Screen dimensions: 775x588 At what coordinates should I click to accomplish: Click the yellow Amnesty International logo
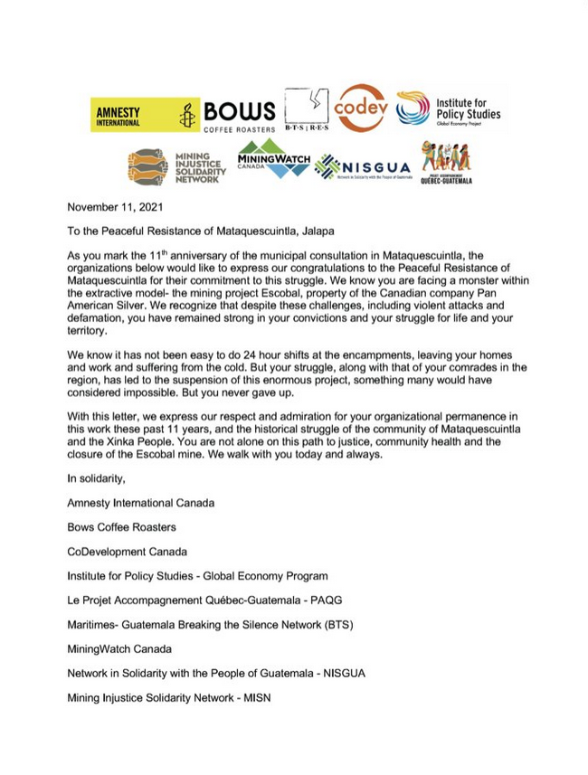[x=144, y=115]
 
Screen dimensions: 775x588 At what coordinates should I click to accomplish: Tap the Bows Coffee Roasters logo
[x=239, y=115]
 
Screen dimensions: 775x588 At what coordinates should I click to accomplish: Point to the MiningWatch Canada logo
[x=273, y=160]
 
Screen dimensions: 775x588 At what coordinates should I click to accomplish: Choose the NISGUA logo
[x=363, y=167]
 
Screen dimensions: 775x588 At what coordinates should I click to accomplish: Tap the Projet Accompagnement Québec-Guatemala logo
[x=446, y=163]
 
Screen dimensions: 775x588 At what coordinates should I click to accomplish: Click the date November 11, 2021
[x=115, y=207]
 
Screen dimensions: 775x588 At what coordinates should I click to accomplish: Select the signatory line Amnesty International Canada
[x=140, y=502]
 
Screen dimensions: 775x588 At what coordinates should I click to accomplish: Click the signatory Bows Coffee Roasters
[x=121, y=526]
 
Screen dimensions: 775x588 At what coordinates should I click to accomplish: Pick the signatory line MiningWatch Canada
[x=119, y=648]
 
